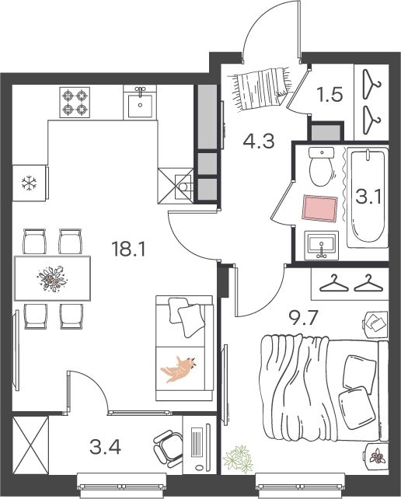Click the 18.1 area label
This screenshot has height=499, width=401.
click(x=128, y=249)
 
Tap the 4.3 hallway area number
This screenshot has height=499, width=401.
click(x=259, y=141)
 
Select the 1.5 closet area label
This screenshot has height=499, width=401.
click(x=330, y=95)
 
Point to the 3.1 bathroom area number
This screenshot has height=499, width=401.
click(x=368, y=197)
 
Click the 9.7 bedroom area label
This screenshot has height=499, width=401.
click(x=304, y=318)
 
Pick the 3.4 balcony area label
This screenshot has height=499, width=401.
click(x=106, y=448)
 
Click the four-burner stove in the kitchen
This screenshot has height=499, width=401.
click(x=75, y=103)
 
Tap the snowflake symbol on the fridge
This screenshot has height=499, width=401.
click(x=29, y=183)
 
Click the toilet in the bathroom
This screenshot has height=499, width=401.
click(x=322, y=166)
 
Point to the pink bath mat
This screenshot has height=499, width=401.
click(x=319, y=208)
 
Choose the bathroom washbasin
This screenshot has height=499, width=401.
click(x=322, y=246)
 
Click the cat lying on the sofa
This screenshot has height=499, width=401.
click(x=178, y=369)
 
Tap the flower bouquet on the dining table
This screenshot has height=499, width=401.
click(x=52, y=279)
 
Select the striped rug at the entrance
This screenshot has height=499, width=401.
click(x=262, y=88)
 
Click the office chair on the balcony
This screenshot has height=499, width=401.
click(x=168, y=447)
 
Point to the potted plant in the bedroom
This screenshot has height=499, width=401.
click(x=238, y=459)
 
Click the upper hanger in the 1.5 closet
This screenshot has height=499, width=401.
click(x=371, y=83)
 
